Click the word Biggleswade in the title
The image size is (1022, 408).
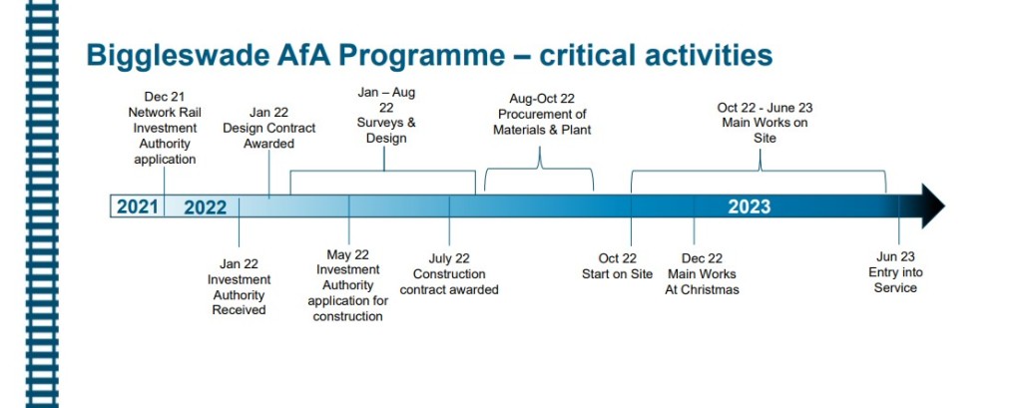[x=169, y=56]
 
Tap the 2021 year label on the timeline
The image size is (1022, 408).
[x=138, y=206]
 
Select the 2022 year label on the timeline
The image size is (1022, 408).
[x=206, y=207]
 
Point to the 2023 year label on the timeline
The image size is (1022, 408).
[x=749, y=206]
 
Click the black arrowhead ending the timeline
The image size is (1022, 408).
[x=932, y=205]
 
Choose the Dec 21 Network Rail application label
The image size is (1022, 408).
[x=165, y=128]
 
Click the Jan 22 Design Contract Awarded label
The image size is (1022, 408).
[x=269, y=128]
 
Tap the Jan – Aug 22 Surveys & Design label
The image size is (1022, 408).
[x=386, y=116]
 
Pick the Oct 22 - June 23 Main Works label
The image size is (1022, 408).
[x=765, y=123]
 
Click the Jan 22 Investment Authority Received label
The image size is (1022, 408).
[x=240, y=286]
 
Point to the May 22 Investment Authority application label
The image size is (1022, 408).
[x=348, y=285]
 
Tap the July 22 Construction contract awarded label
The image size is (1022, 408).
[x=449, y=274]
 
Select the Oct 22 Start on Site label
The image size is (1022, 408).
[x=617, y=266]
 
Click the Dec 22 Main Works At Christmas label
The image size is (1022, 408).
[x=702, y=274]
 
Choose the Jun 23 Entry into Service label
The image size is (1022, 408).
[x=895, y=272]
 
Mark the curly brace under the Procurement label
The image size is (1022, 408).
[x=539, y=169]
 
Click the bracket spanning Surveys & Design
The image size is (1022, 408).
[x=383, y=172]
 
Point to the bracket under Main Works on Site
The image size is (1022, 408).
[x=759, y=172]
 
